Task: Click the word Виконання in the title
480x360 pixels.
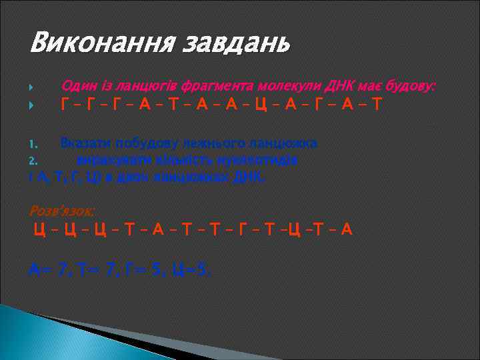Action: pos(87,43)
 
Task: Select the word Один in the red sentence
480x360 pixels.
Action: pos(78,87)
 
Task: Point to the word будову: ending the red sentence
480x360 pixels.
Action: pos(408,87)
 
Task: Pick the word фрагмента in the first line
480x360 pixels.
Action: pos(229,87)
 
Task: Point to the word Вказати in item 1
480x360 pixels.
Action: pos(87,143)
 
